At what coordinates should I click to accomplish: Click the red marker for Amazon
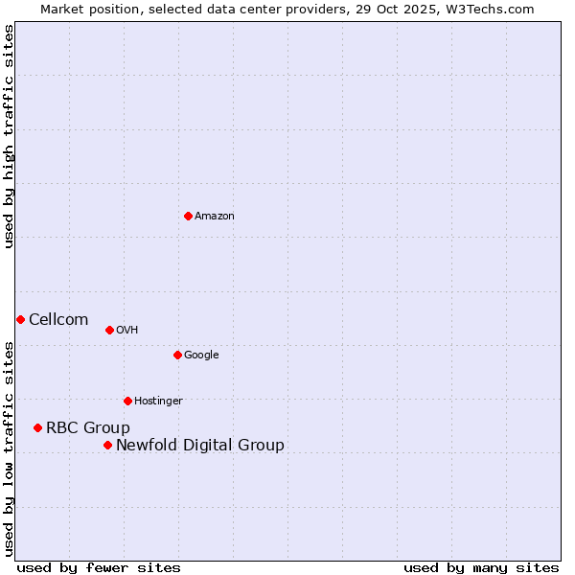pos(188,216)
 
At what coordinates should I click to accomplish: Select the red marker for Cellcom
pos(20,319)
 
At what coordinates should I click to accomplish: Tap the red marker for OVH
pos(109,330)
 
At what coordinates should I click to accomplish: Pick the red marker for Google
pos(177,355)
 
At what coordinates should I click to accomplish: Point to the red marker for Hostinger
pos(127,401)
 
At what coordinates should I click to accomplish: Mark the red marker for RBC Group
pos(37,427)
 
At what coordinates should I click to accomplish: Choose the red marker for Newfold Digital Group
pos(107,445)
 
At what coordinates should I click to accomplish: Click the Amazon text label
pos(215,217)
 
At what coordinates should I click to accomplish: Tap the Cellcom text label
pos(58,320)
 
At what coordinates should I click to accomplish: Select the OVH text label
pos(127,331)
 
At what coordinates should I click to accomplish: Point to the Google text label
pos(201,356)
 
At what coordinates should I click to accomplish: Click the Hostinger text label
pos(158,402)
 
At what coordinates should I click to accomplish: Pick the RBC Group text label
pos(88,428)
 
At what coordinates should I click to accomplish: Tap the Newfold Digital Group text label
pos(200,446)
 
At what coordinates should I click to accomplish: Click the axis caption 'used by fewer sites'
pos(99,567)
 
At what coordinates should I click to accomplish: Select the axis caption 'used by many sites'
pos(481,567)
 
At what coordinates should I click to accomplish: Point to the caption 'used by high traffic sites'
pos(9,136)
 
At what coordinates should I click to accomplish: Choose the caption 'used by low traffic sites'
pos(9,448)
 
